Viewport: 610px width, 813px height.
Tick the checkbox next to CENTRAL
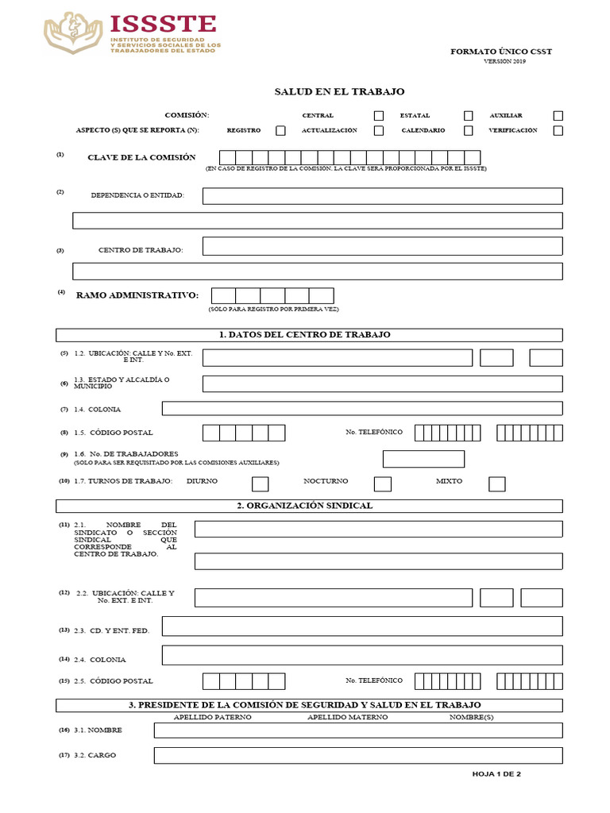click(379, 116)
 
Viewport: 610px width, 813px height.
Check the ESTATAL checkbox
click(469, 116)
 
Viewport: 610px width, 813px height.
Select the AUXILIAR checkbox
click(558, 116)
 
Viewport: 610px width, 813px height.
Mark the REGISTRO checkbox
click(280, 131)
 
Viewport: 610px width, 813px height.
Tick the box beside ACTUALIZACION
click(379, 131)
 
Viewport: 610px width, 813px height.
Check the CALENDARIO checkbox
click(469, 131)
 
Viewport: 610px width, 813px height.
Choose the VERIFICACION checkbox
click(558, 131)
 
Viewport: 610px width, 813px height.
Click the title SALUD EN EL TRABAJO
click(339, 92)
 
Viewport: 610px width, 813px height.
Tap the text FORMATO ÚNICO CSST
click(501, 52)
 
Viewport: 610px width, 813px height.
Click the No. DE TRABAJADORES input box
click(423, 459)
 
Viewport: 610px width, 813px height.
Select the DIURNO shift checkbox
click(260, 484)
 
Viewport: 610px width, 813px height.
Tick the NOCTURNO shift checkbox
click(383, 484)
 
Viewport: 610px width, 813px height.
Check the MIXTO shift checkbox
click(497, 484)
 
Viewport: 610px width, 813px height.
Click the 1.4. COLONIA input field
click(362, 409)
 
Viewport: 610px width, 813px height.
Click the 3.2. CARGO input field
click(358, 755)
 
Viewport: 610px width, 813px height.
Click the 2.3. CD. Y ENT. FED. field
click(362, 626)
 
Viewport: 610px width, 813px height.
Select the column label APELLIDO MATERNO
click(347, 717)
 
